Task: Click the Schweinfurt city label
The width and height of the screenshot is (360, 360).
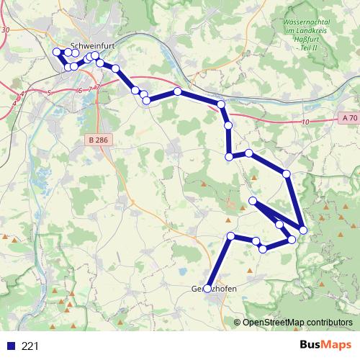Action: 89,42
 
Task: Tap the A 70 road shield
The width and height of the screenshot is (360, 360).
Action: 349,117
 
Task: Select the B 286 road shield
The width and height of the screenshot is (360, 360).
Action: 96,140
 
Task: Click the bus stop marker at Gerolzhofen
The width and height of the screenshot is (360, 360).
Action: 208,288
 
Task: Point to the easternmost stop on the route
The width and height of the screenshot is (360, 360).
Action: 303,230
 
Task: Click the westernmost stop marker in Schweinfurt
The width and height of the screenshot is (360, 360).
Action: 57,52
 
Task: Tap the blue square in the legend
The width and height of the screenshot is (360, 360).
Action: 9,346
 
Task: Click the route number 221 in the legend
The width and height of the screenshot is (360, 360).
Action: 30,346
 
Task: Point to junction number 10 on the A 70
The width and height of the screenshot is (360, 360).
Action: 305,122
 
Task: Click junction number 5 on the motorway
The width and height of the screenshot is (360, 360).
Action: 49,94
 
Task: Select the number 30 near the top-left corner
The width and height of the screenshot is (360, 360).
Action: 6,30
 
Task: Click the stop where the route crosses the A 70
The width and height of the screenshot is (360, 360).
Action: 222,105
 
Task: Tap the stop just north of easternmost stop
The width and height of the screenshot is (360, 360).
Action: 287,174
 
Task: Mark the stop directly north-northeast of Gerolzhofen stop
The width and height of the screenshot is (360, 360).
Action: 231,236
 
